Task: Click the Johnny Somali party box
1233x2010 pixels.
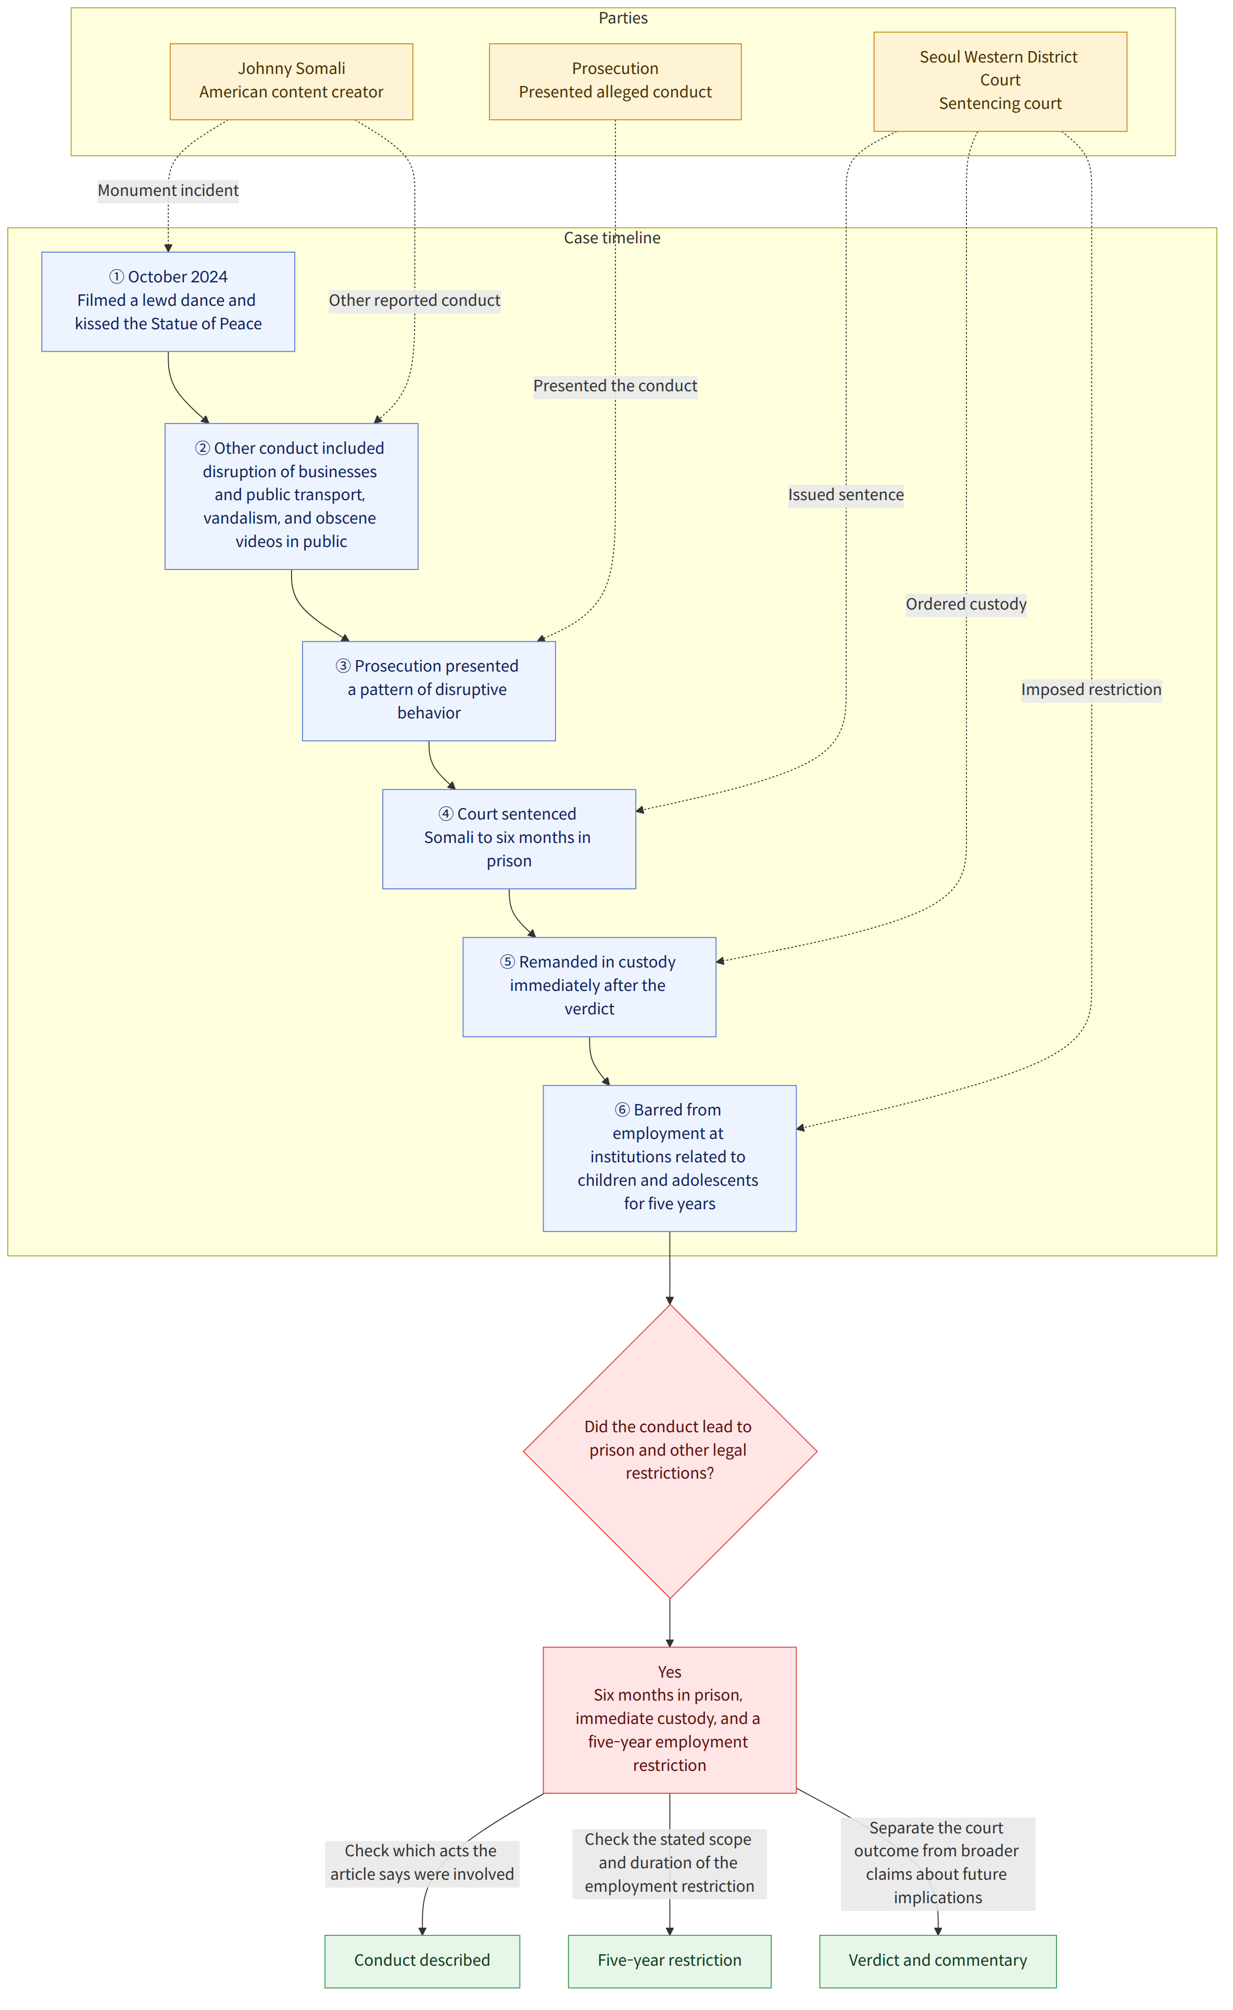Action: point(291,82)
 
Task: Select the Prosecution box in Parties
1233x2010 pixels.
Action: point(615,82)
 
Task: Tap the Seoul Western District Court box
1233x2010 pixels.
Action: point(1000,82)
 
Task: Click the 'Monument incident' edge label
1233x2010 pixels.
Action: point(168,191)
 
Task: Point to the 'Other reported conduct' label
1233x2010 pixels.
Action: point(414,301)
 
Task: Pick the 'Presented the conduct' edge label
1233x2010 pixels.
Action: point(615,386)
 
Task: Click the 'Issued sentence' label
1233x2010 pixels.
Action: point(846,495)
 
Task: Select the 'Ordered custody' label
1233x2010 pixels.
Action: point(966,604)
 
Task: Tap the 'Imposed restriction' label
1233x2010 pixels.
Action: point(1091,690)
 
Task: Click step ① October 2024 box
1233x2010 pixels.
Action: point(168,302)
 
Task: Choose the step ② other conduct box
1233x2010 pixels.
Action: point(291,496)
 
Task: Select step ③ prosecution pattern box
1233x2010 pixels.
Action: point(429,691)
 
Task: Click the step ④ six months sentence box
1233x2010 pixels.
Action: point(509,839)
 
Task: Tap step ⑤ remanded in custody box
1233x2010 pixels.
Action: point(589,987)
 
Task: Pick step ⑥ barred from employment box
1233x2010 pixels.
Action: point(670,1158)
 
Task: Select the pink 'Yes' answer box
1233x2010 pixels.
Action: point(670,1720)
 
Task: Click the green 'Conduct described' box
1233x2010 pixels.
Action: point(422,1961)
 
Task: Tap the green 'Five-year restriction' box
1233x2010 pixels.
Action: point(670,1961)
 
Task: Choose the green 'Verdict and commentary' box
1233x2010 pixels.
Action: point(938,1961)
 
